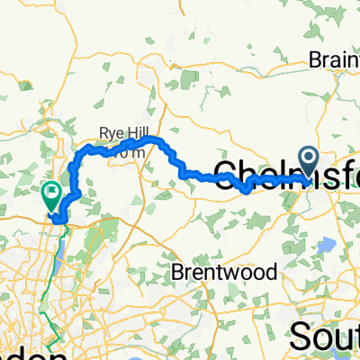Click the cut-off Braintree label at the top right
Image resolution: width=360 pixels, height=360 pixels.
(x=334, y=60)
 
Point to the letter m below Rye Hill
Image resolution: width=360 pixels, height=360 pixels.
(x=139, y=153)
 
